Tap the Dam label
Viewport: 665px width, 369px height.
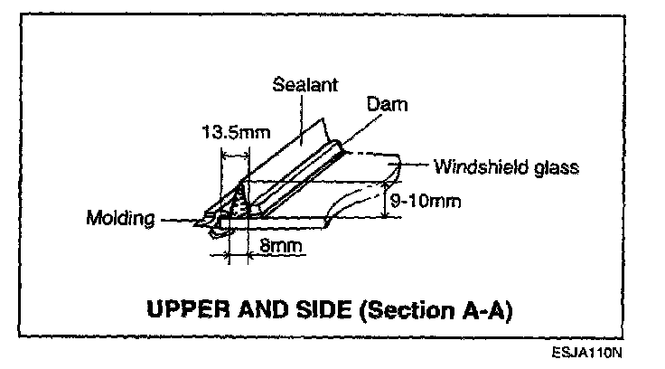click(387, 105)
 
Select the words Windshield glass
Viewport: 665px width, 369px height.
click(505, 167)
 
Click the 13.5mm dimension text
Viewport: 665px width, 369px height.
click(235, 132)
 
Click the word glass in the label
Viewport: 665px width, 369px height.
click(555, 167)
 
